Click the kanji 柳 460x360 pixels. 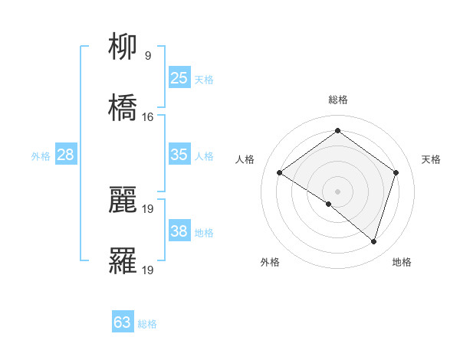pyautogui.click(x=123, y=48)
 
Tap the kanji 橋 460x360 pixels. pyautogui.click(x=123, y=107)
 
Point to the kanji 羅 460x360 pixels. pyautogui.click(x=123, y=261)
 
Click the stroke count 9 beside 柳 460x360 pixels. pyautogui.click(x=148, y=56)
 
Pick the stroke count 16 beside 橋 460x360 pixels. pyautogui.click(x=148, y=117)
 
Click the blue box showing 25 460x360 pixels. pyautogui.click(x=179, y=77)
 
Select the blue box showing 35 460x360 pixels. pyautogui.click(x=179, y=155)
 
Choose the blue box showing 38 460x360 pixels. pyautogui.click(x=179, y=232)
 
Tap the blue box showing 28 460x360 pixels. pyautogui.click(x=65, y=155)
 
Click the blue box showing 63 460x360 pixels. pyautogui.click(x=122, y=322)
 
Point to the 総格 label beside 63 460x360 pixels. pyautogui.click(x=147, y=324)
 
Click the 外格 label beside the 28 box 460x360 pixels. pyautogui.click(x=41, y=156)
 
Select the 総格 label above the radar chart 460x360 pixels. pyautogui.click(x=337, y=100)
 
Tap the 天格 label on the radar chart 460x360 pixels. pyautogui.click(x=431, y=159)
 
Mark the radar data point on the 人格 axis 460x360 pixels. pyautogui.click(x=280, y=173)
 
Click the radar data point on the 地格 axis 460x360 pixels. pyautogui.click(x=373, y=241)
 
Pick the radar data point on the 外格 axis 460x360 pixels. pyautogui.click(x=329, y=204)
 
